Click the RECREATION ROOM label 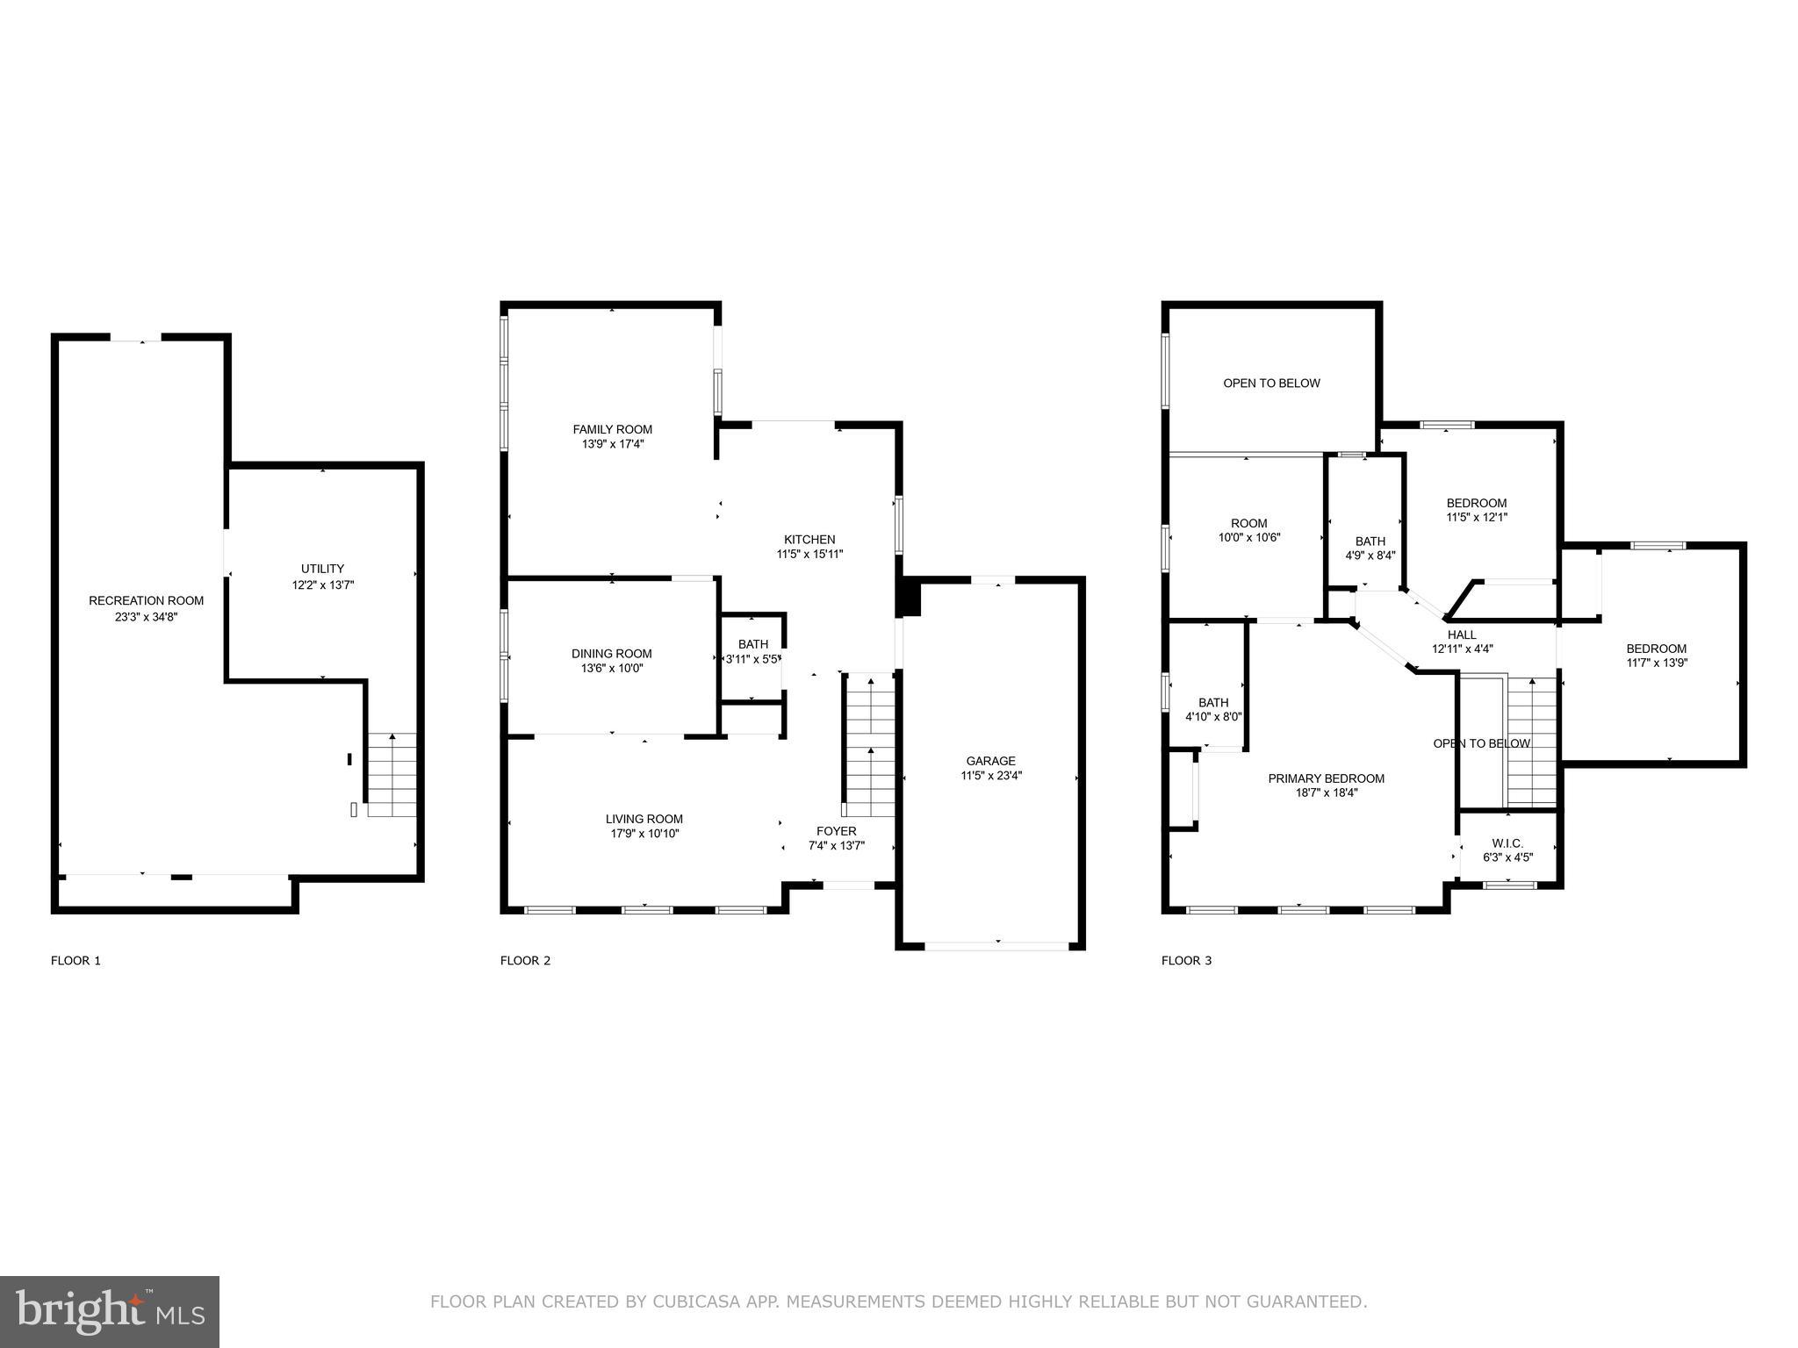click(x=146, y=601)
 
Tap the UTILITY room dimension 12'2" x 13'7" click(x=322, y=584)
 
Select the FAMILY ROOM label click(x=612, y=429)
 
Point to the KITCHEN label click(x=809, y=539)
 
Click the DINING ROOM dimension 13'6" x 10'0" click(x=611, y=668)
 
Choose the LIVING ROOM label click(x=644, y=819)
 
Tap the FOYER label click(x=836, y=831)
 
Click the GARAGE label click(x=990, y=761)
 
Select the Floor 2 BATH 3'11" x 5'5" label click(x=752, y=644)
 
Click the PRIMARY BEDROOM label click(x=1326, y=778)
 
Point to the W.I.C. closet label click(x=1507, y=843)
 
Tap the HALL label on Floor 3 click(x=1462, y=635)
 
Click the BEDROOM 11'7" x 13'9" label click(x=1656, y=649)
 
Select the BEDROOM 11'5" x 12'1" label click(x=1476, y=503)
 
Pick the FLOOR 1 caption click(x=76, y=961)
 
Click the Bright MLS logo click(x=109, y=1311)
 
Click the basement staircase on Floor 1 click(x=391, y=776)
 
